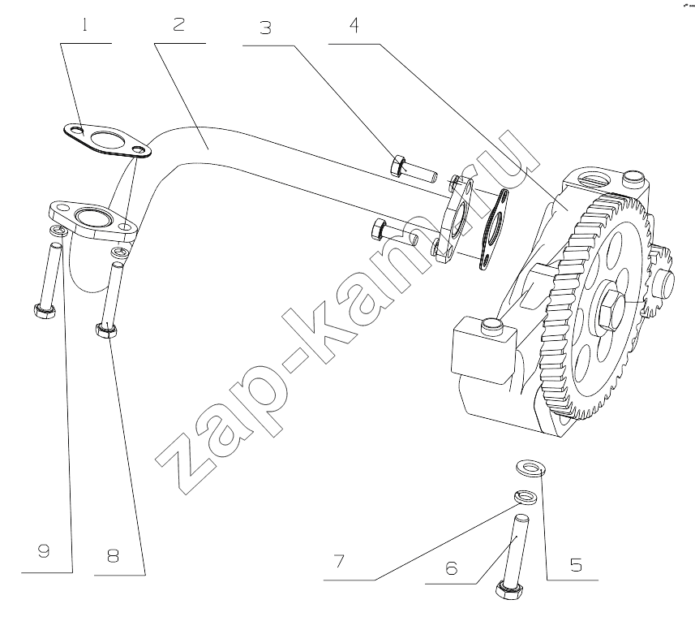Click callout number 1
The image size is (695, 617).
(x=84, y=25)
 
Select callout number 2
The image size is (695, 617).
(x=178, y=24)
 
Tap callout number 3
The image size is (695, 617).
(x=265, y=28)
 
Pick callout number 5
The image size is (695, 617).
(x=576, y=565)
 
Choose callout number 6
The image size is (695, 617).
(x=451, y=567)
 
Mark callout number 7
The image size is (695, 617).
(x=339, y=561)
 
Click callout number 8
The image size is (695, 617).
(x=113, y=555)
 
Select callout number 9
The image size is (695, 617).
(x=44, y=551)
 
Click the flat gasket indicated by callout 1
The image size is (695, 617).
(x=106, y=140)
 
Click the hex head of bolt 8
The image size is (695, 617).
(x=106, y=330)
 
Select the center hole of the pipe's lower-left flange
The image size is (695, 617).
(x=92, y=217)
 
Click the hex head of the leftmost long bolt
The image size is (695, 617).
(x=45, y=312)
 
